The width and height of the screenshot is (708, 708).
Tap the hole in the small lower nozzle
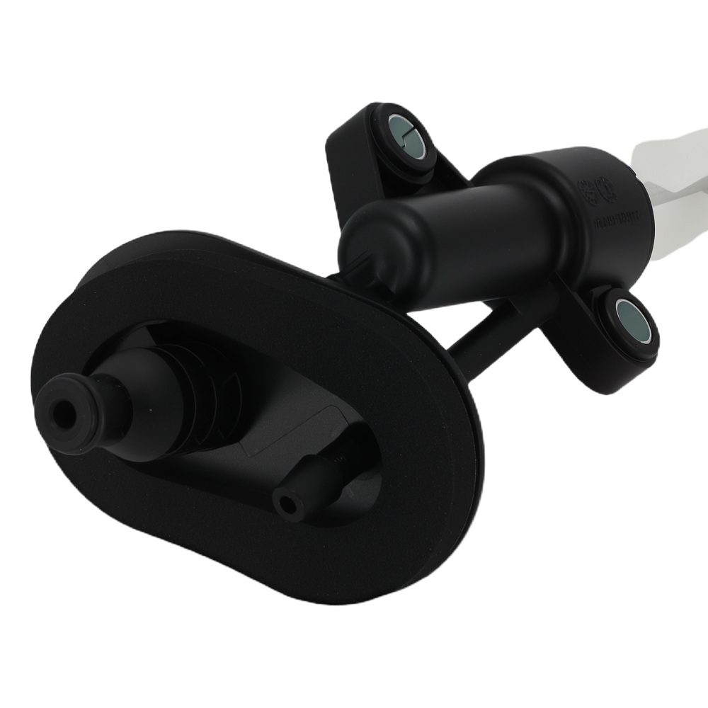(x=287, y=505)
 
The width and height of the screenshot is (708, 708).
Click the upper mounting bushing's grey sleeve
(x=405, y=132)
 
